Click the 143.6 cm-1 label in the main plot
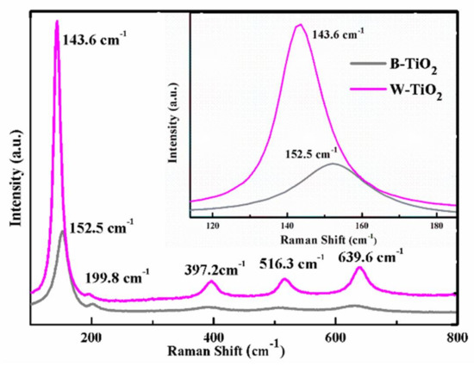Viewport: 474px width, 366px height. (x=97, y=40)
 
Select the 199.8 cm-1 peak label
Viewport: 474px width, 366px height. (x=118, y=277)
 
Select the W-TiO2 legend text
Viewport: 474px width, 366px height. (x=421, y=90)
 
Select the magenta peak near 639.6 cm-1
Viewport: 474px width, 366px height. (x=359, y=269)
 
